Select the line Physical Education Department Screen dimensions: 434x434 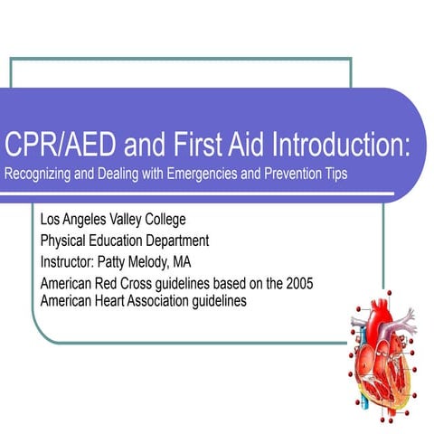[x=124, y=241]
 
